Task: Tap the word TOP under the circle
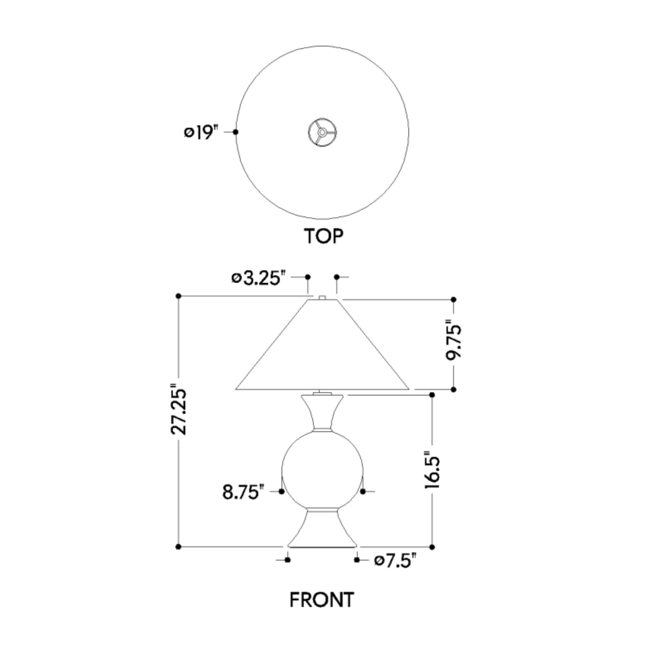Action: click(x=323, y=236)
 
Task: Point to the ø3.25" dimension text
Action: click(x=259, y=278)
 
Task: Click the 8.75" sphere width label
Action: click(x=243, y=492)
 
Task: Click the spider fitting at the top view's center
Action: click(x=322, y=132)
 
